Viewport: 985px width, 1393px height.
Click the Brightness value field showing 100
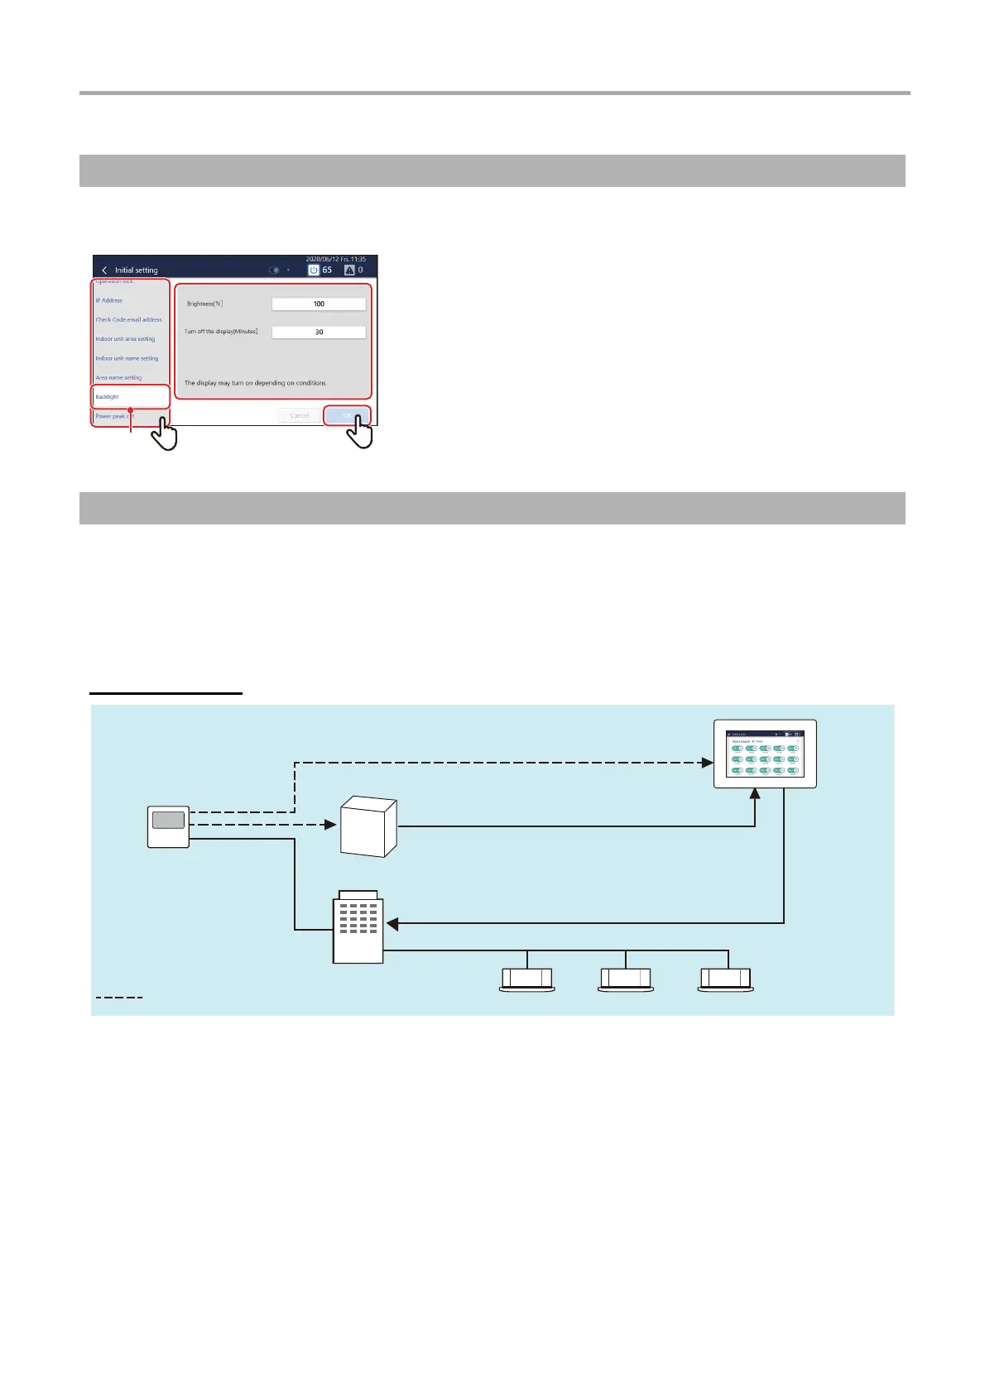(x=319, y=304)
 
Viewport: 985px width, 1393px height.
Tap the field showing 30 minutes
(x=319, y=332)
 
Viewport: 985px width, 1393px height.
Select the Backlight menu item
(x=108, y=397)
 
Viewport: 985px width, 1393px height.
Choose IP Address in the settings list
(x=109, y=300)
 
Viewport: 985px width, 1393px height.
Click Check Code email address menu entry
(x=128, y=319)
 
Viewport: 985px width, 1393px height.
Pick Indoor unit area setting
(x=125, y=339)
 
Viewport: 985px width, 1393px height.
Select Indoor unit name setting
(x=127, y=358)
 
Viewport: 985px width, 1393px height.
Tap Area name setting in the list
(x=118, y=378)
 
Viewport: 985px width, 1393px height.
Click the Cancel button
(x=300, y=415)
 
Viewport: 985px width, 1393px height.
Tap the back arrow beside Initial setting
(x=104, y=270)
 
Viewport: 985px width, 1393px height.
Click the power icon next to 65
(x=314, y=270)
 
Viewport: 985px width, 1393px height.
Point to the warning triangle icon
(x=349, y=270)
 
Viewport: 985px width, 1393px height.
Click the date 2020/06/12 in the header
(x=324, y=259)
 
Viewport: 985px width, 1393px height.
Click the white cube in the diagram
(x=368, y=826)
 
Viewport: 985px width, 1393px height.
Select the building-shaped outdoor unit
(x=358, y=928)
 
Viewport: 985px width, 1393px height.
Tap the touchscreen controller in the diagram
(x=765, y=754)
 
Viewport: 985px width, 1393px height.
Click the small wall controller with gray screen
(x=168, y=826)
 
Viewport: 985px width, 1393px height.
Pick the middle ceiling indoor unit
(x=626, y=979)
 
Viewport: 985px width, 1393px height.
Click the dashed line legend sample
(x=119, y=998)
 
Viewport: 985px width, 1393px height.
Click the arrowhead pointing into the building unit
(x=392, y=923)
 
